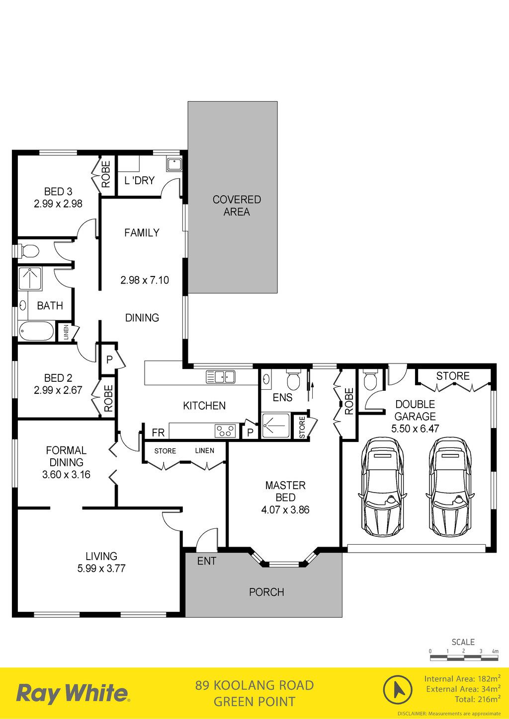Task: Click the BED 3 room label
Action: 58,192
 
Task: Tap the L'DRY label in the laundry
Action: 140,180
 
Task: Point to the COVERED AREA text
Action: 237,206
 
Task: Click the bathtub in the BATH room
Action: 36,331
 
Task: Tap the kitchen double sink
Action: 220,377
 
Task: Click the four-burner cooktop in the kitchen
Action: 225,431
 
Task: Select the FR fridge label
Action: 158,432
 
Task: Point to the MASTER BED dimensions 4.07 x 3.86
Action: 285,509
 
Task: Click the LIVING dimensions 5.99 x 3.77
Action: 101,568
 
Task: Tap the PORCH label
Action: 267,592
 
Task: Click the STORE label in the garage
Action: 453,376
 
